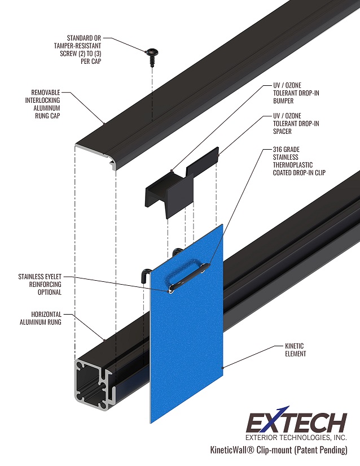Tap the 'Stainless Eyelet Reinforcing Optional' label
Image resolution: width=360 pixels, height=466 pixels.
coord(39,285)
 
